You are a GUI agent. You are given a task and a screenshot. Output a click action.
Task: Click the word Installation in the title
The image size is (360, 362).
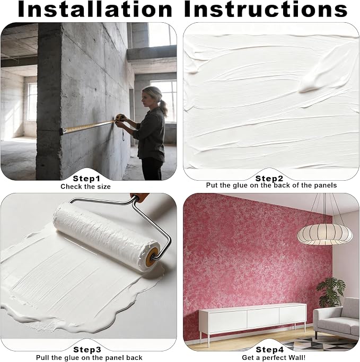point(95,9)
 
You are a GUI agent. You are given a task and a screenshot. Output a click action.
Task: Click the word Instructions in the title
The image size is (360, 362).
point(266,9)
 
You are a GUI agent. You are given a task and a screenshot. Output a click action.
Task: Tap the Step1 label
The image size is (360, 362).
point(86,179)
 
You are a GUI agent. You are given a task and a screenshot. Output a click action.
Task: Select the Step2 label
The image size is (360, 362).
point(269,179)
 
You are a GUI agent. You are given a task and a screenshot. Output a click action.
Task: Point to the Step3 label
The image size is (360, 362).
point(87,350)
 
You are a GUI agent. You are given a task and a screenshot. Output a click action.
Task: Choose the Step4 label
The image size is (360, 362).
point(269,350)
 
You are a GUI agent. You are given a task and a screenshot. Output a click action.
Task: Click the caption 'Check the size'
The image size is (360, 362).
point(85,187)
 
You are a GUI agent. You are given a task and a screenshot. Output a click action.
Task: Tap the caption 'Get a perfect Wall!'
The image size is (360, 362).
point(274,358)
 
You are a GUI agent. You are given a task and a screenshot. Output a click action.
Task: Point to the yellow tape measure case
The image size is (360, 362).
point(120,118)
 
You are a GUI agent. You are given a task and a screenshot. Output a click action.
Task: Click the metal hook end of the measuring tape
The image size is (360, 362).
point(62,131)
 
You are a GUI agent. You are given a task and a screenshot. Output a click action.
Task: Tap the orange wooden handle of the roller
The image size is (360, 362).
point(139,197)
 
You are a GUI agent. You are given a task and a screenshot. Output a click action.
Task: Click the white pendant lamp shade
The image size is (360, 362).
point(324,234)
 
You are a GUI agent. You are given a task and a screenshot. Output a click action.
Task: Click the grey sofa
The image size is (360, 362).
point(336,319)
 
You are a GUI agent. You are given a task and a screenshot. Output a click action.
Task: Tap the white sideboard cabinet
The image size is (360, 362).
point(252,319)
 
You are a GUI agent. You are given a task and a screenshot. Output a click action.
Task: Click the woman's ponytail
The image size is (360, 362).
point(163,108)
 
